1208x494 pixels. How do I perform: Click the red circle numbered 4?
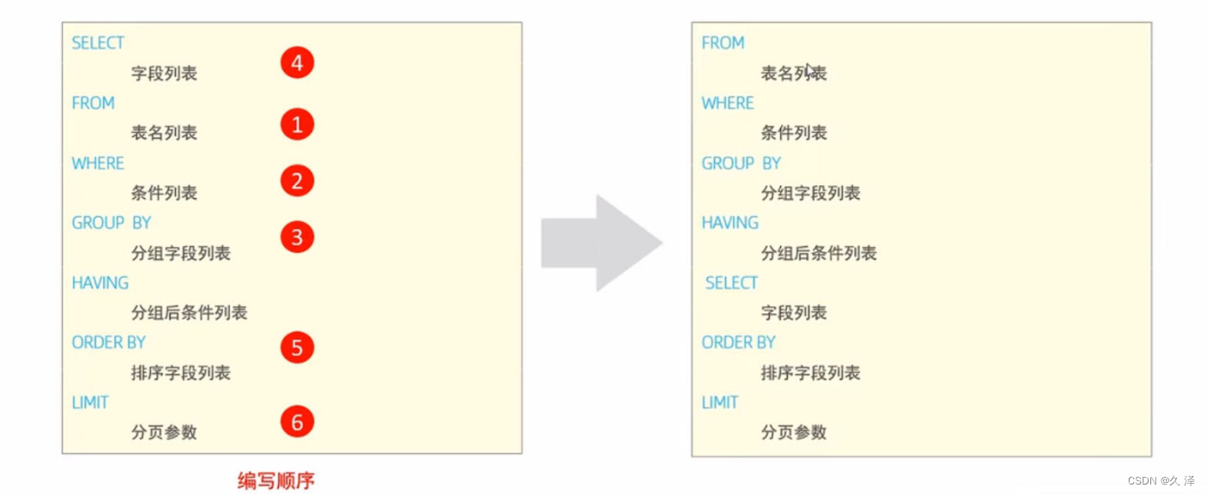point(297,63)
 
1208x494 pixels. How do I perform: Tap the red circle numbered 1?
point(297,126)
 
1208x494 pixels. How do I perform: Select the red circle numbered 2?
point(297,182)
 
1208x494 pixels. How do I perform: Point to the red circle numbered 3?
point(297,238)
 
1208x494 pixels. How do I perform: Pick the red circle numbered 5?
point(297,348)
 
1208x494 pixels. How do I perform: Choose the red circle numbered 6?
point(297,422)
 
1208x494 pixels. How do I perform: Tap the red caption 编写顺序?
point(276,480)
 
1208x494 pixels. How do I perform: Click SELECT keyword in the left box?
point(98,43)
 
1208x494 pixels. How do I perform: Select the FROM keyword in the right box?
point(723,43)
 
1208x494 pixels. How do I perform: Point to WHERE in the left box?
point(98,163)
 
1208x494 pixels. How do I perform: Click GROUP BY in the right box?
point(741,163)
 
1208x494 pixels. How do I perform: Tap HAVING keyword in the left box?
point(100,282)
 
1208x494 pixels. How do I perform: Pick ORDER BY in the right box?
point(739,343)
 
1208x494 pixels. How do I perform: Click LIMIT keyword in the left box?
point(90,402)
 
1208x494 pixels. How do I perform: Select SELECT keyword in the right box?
point(732,282)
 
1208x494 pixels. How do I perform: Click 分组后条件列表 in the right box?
point(819,253)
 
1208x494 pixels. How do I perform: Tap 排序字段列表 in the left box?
point(181,373)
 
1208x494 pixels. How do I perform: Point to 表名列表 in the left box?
point(164,133)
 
